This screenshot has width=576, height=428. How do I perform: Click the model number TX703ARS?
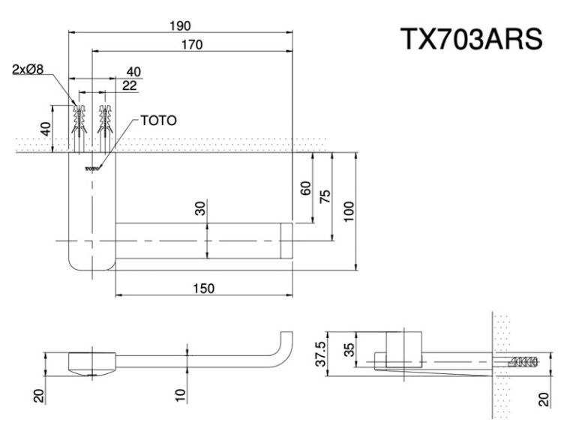(469, 38)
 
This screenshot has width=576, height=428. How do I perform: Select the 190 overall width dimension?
(179, 25)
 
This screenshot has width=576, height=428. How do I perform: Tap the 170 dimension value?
(192, 44)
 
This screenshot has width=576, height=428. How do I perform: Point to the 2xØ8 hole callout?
(28, 70)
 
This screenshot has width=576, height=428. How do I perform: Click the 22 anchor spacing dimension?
(129, 85)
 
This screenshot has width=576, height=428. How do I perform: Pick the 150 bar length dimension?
(202, 288)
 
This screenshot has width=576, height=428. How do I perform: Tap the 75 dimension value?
(325, 196)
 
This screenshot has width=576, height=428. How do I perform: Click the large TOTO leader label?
(158, 120)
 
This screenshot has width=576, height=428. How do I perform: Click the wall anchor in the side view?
(524, 363)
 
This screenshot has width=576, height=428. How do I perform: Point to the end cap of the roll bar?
(286, 241)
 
